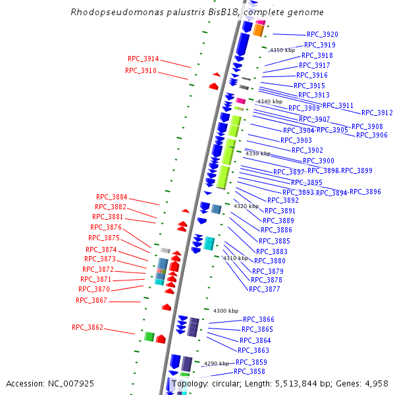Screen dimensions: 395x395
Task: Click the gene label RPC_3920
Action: coord(323,35)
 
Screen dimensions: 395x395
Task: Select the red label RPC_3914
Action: coord(143,59)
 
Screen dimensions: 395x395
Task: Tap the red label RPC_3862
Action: coord(88,328)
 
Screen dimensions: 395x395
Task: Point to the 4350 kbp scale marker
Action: coord(282,50)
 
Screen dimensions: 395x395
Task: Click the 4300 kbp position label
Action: coord(226,311)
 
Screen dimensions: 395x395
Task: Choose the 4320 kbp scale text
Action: coord(246,206)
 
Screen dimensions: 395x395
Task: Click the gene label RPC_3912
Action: coord(377,113)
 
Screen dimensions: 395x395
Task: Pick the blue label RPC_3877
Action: coord(265,290)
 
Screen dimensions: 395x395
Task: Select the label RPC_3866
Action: coord(259,320)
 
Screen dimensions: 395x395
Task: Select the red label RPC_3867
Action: coord(92,301)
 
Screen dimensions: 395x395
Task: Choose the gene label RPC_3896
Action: coord(365,192)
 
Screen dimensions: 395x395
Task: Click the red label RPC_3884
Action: coord(112,197)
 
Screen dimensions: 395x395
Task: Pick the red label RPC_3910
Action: coord(141,71)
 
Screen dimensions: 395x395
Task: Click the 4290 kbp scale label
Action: coord(217,363)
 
